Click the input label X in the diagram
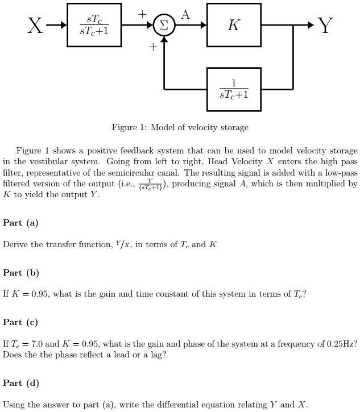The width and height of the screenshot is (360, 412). [x=35, y=26]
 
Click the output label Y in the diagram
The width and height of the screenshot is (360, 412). [x=325, y=26]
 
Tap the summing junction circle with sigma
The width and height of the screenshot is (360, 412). [x=164, y=26]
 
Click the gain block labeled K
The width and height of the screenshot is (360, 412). [x=234, y=26]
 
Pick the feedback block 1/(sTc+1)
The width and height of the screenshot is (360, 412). [x=234, y=89]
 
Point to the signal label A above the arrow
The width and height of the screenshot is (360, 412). [x=185, y=14]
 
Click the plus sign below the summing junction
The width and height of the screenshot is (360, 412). [x=152, y=48]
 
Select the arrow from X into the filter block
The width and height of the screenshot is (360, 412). [x=57, y=26]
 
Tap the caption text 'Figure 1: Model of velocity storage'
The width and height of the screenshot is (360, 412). [x=180, y=127]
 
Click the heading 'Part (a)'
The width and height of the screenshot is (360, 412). [x=20, y=223]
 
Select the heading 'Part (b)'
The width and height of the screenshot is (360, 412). [x=20, y=273]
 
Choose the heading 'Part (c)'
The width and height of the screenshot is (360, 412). [x=20, y=322]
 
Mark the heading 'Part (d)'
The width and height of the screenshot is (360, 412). [x=20, y=383]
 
